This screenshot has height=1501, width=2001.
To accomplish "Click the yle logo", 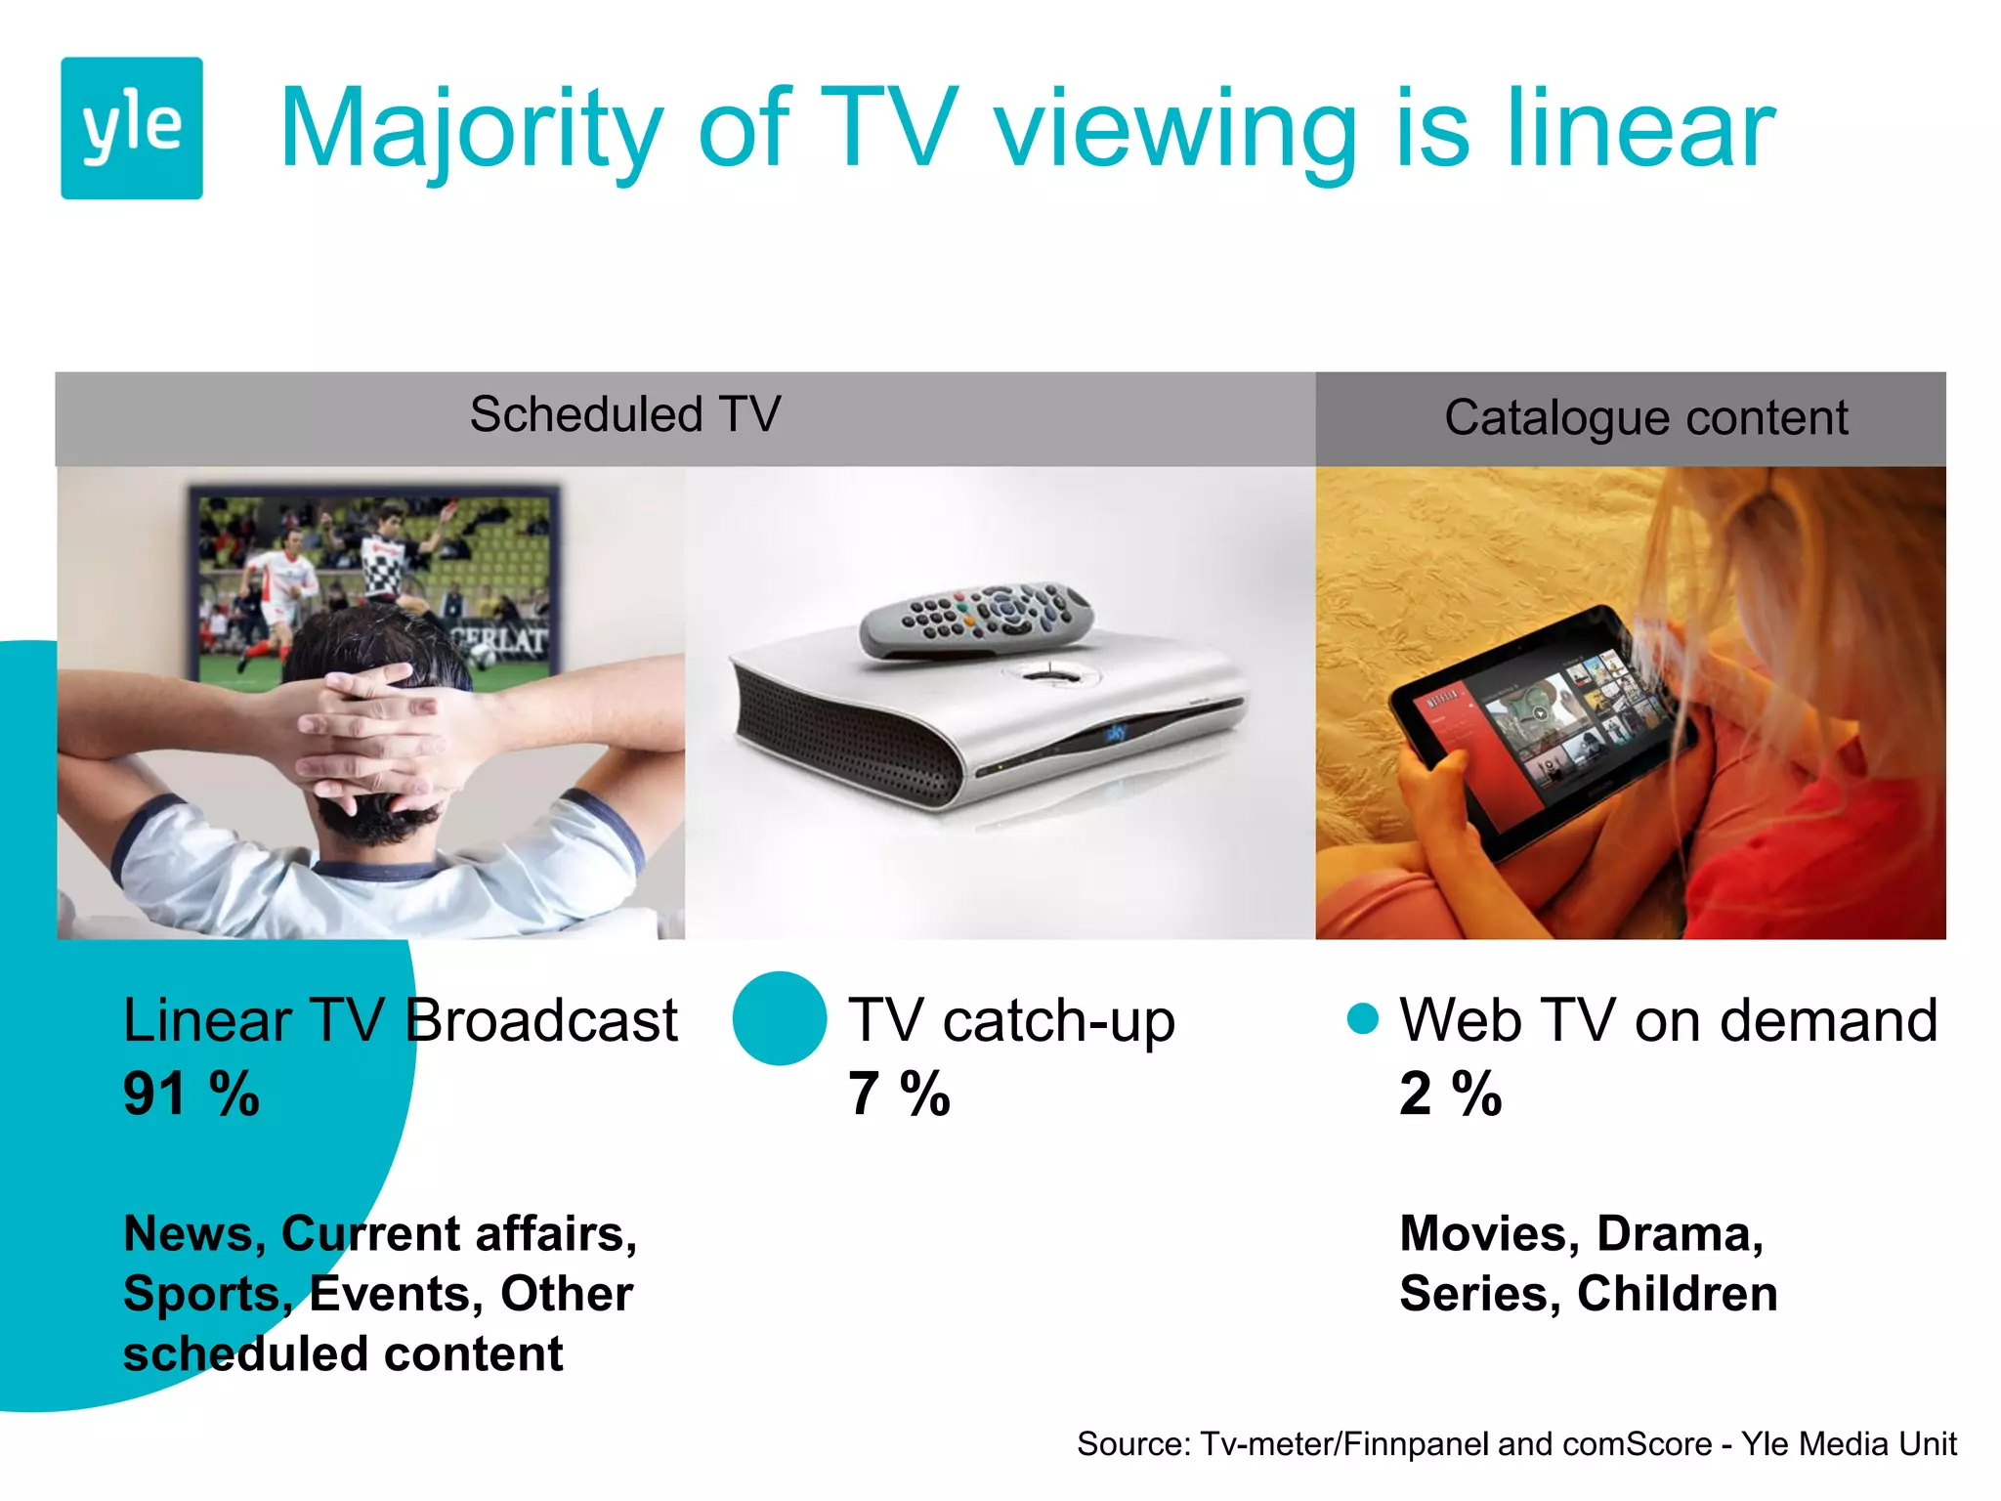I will point(132,128).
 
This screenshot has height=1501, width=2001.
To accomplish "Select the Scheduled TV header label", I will point(625,414).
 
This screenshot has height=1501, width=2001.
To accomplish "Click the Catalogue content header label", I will point(1645,418).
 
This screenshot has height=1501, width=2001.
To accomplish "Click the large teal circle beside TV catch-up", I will point(780,1018).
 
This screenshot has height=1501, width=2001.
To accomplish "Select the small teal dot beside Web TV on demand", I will point(1362,1018).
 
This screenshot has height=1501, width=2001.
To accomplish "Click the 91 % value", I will point(192,1094).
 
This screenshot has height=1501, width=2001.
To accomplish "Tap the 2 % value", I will point(1450,1094).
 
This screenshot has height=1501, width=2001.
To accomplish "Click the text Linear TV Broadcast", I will point(400,1020).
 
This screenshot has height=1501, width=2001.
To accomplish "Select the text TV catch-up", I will point(1011,1020).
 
